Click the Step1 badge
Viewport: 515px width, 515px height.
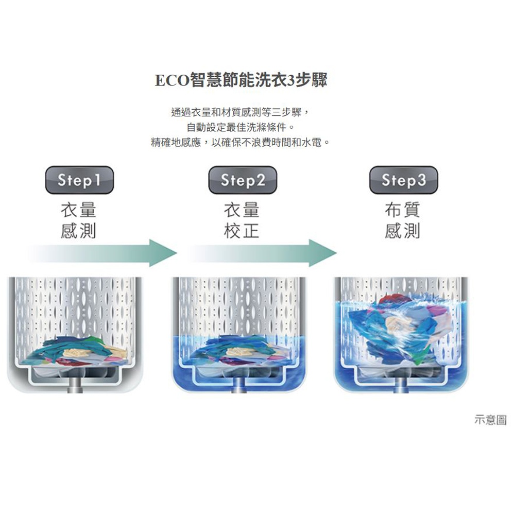(79, 180)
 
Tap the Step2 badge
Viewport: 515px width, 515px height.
(243, 180)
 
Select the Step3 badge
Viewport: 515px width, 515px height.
(404, 180)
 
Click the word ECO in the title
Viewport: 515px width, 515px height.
(172, 80)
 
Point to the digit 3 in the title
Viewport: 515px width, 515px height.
(291, 80)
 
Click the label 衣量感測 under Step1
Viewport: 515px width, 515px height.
(78, 220)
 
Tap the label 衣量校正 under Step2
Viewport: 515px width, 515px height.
(242, 220)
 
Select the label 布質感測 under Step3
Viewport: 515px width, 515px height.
(403, 220)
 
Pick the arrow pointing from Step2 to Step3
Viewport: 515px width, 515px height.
(263, 253)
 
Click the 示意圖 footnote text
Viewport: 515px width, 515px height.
(491, 420)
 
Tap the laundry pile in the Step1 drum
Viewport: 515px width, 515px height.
(77, 351)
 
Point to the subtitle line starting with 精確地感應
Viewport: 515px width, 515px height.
(241, 142)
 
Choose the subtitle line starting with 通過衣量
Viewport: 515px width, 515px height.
(241, 112)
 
